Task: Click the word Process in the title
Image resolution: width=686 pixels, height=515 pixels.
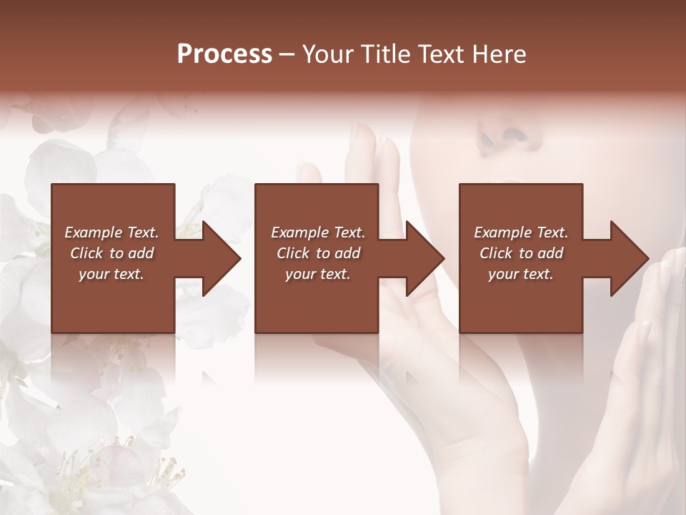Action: [x=224, y=54]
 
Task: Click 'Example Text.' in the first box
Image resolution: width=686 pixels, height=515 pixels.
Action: [x=111, y=232]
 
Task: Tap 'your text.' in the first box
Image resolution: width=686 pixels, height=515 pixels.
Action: [x=111, y=274]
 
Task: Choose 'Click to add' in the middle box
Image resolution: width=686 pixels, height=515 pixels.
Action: [x=318, y=253]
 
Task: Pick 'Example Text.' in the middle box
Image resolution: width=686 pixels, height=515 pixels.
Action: [x=318, y=232]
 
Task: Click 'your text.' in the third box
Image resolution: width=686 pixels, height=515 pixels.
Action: [x=521, y=274]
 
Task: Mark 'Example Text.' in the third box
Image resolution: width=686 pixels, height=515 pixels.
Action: [x=521, y=232]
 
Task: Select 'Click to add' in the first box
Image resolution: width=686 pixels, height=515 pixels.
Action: [x=111, y=253]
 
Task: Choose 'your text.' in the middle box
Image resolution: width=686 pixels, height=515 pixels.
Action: [x=318, y=274]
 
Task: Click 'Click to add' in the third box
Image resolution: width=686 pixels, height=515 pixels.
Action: [x=521, y=253]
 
